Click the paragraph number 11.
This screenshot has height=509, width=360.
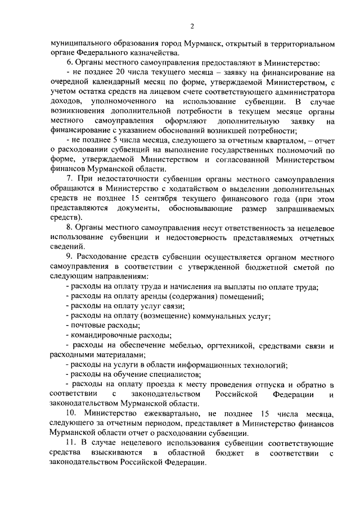pyautogui.click(x=70, y=443)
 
